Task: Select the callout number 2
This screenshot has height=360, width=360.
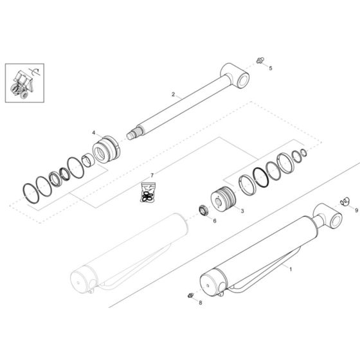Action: click(x=173, y=94)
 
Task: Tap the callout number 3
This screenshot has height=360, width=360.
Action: click(x=242, y=210)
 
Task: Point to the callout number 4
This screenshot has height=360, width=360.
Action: click(x=94, y=133)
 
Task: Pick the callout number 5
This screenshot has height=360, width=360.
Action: click(x=270, y=67)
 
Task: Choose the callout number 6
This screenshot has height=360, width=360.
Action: click(x=214, y=221)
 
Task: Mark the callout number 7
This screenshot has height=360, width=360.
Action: click(x=152, y=175)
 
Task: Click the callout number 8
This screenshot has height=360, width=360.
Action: click(x=200, y=302)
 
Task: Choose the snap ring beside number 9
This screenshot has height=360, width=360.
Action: click(x=343, y=202)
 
